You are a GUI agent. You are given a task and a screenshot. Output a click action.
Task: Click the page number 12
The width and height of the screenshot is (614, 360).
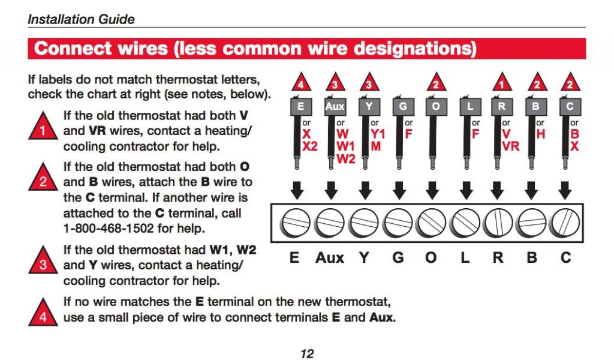[x=308, y=354]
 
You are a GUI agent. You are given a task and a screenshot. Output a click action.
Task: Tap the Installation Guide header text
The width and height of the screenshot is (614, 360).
[x=81, y=19]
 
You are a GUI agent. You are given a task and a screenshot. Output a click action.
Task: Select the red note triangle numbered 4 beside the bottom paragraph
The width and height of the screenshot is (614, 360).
[x=43, y=312]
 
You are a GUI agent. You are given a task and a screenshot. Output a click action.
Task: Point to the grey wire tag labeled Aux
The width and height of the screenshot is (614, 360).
[x=335, y=106]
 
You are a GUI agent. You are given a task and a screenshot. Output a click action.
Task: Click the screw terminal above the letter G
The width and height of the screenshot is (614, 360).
[x=398, y=223]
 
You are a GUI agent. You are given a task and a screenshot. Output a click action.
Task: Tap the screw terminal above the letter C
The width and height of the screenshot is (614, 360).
[x=565, y=223]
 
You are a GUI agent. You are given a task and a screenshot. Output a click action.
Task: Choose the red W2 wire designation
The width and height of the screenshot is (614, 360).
[x=346, y=159]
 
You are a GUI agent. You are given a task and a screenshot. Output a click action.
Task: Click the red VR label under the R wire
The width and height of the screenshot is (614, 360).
[x=511, y=146]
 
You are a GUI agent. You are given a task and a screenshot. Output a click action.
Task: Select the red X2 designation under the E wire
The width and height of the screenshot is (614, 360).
[x=310, y=146]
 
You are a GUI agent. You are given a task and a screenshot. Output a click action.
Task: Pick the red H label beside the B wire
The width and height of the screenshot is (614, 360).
[x=541, y=134]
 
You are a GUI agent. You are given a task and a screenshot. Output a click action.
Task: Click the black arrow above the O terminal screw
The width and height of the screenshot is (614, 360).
[x=432, y=190]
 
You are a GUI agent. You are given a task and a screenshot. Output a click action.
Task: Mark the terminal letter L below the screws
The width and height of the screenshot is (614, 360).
[x=465, y=258]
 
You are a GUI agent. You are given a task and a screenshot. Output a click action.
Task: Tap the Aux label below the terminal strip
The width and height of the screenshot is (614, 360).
[x=330, y=258]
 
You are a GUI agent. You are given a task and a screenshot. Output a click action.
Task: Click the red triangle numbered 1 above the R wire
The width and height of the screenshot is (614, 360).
[x=502, y=82]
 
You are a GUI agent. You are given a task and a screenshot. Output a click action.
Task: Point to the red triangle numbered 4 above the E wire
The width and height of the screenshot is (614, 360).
[x=301, y=82]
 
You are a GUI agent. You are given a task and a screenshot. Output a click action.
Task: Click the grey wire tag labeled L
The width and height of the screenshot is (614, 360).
[x=470, y=106]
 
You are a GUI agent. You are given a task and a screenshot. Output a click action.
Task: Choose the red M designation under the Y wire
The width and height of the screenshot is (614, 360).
[x=375, y=146]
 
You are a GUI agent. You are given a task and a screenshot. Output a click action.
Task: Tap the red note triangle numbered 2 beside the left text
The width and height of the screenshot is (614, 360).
[x=43, y=178]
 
